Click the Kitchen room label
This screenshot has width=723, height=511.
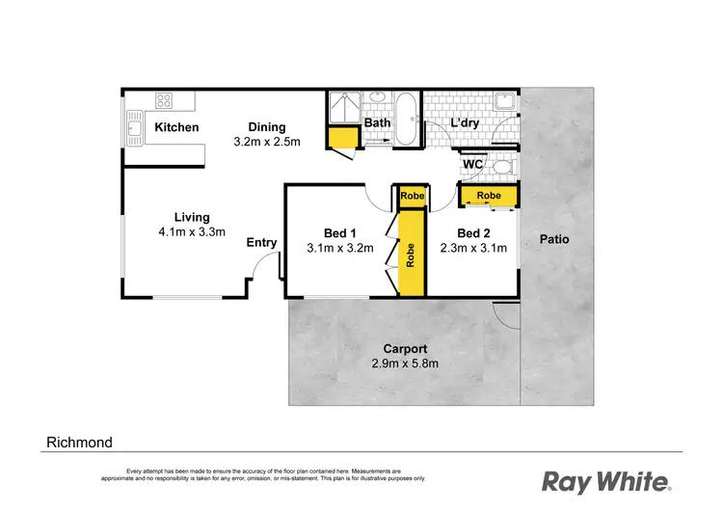coord(177,127)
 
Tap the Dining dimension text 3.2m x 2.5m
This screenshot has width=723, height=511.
coord(267,142)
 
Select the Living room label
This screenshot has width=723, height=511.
coord(192,217)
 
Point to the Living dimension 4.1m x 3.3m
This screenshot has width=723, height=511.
coord(192,231)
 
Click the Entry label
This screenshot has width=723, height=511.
coord(261,243)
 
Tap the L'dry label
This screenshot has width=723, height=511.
coord(466,122)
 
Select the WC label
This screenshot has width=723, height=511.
coord(472,165)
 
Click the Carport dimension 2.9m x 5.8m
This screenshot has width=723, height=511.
coord(405,363)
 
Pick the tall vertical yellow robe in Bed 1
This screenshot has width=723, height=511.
coord(412,255)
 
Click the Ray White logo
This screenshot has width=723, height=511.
coord(605,479)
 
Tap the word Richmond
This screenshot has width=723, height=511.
coord(80,443)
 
